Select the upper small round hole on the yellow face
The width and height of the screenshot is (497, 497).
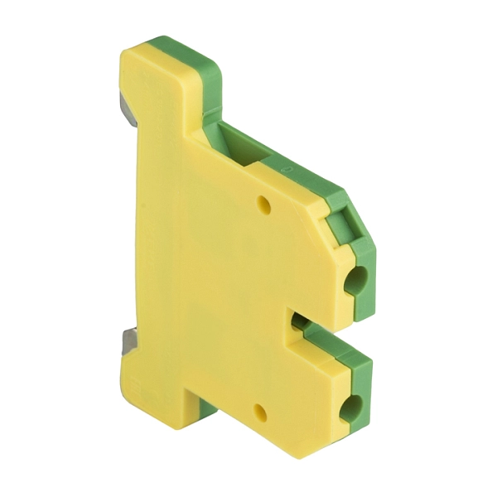pyautogui.click(x=265, y=202)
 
